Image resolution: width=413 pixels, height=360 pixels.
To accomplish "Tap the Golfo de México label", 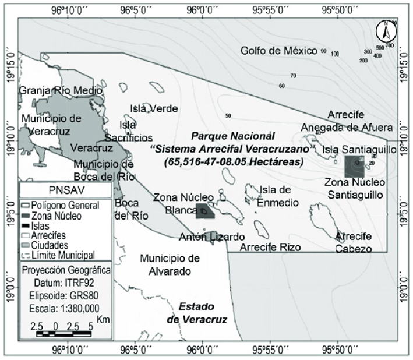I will (x=278, y=51).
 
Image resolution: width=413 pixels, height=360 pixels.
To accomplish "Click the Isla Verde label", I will (x=154, y=109).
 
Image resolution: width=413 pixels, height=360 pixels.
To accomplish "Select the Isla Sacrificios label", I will (x=128, y=131).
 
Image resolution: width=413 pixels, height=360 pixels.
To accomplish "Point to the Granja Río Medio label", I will (x=61, y=91).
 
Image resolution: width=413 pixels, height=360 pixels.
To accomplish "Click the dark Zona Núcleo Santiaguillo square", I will (x=355, y=165).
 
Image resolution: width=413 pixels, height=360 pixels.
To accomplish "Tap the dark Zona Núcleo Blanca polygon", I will (x=204, y=211).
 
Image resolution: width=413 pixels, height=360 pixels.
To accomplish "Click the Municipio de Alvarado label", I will (x=171, y=264).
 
